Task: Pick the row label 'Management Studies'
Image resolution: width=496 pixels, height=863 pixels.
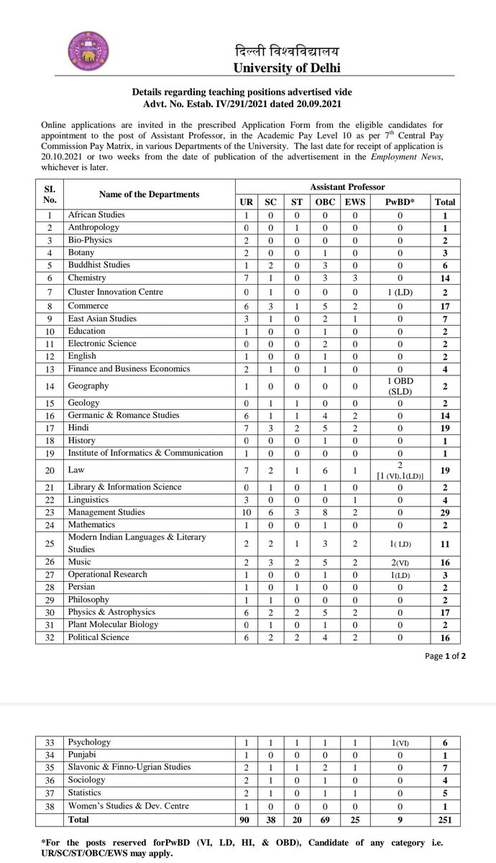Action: (x=106, y=512)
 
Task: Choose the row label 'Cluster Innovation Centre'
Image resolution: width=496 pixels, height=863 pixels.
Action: (x=115, y=292)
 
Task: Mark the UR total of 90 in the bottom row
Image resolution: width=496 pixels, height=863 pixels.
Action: (x=247, y=819)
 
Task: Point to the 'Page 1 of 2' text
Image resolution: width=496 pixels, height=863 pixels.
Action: (x=445, y=655)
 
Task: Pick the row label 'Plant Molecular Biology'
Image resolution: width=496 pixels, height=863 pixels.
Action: (x=112, y=624)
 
